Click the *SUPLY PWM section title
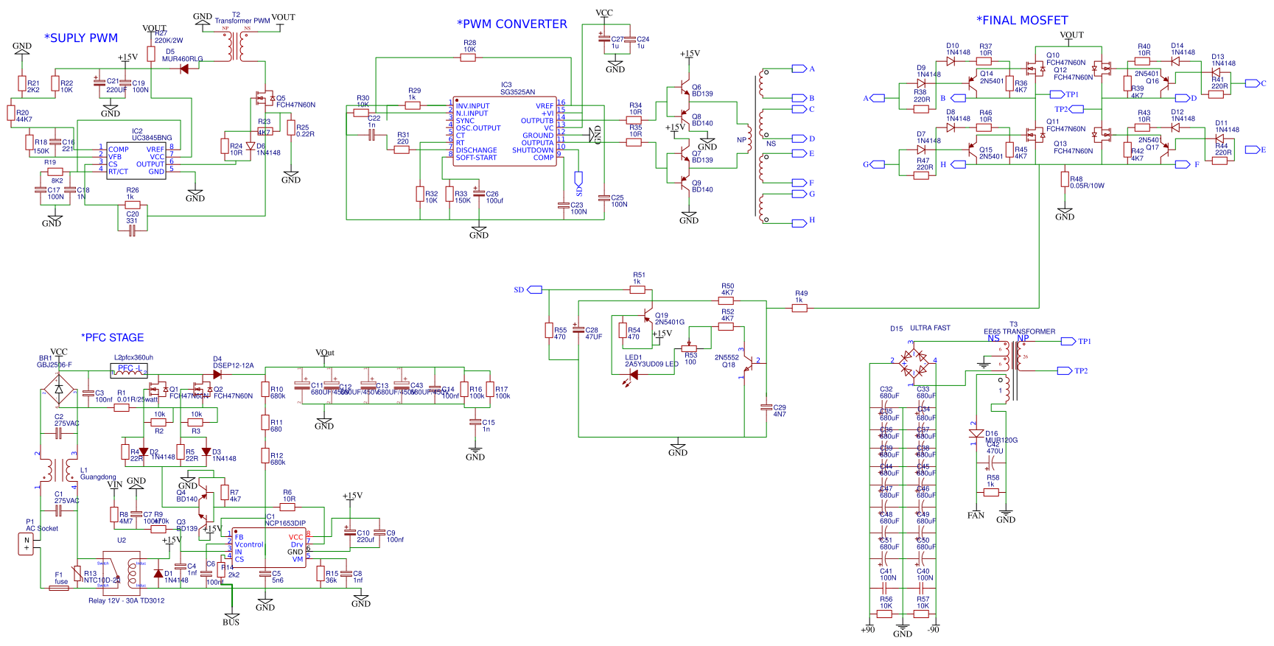[81, 38]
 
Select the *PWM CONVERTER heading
[512, 24]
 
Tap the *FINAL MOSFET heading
[1022, 21]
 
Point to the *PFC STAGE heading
[113, 337]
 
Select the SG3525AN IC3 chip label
[517, 92]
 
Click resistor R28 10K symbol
[468, 57]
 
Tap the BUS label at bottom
[231, 622]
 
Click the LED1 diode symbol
[631, 375]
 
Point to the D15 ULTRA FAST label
[920, 329]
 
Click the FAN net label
[976, 516]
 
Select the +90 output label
[867, 630]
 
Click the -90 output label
[933, 630]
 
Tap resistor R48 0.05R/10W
[1065, 179]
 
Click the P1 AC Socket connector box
[27, 544]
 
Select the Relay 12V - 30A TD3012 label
[127, 600]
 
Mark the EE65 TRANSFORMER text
[1019, 331]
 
